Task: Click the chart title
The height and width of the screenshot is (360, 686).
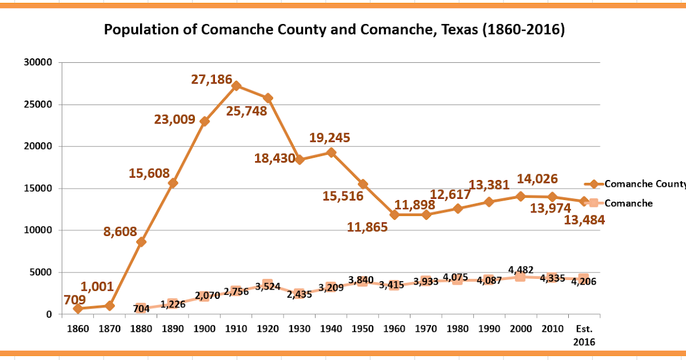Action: [334, 30]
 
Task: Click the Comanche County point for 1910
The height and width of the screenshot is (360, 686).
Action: [236, 86]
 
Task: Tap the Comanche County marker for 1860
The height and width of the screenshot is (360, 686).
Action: [78, 309]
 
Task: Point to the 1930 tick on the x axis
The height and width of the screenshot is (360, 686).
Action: [299, 330]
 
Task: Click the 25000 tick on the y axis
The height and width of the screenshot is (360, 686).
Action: [41, 105]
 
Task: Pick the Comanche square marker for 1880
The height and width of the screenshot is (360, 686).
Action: [141, 308]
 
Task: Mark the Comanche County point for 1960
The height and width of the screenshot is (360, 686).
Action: [394, 215]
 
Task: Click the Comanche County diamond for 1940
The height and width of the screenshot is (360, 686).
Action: [330, 153]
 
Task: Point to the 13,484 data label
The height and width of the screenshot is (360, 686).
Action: [584, 221]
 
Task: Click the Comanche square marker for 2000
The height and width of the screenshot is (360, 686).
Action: [520, 277]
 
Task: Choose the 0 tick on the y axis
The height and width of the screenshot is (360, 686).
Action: [49, 314]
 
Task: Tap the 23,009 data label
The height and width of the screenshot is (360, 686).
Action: [174, 120]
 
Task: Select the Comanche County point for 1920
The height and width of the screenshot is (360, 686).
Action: [268, 98]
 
